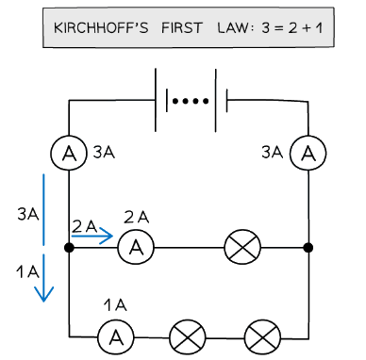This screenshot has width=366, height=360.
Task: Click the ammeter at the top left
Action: pyautogui.click(x=69, y=152)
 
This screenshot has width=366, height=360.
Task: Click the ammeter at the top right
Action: pyautogui.click(x=308, y=152)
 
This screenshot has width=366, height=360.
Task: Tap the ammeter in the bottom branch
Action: pyautogui.click(x=114, y=335)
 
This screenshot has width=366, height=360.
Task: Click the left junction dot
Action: pyautogui.click(x=69, y=248)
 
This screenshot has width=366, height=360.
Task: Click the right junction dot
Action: pyautogui.click(x=308, y=248)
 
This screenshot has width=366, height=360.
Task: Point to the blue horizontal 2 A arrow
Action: pyautogui.click(x=92, y=237)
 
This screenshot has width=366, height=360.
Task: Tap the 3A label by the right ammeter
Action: pyautogui.click(x=272, y=150)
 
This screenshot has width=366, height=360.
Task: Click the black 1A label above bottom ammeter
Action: pyautogui.click(x=115, y=305)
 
